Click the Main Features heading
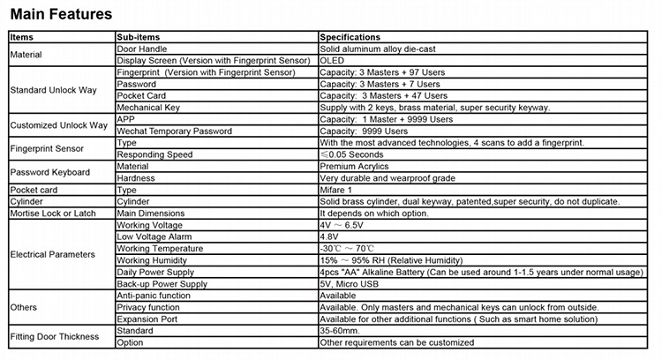pyautogui.click(x=61, y=15)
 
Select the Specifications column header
pyautogui.click(x=350, y=38)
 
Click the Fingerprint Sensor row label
pyautogui.click(x=45, y=148)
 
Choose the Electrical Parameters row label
pyautogui.click(x=52, y=254)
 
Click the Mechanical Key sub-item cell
pyautogui.click(x=148, y=107)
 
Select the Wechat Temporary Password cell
pyautogui.click(x=174, y=131)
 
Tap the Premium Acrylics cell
pyautogui.click(x=353, y=166)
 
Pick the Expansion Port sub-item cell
pyautogui.click(x=147, y=319)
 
